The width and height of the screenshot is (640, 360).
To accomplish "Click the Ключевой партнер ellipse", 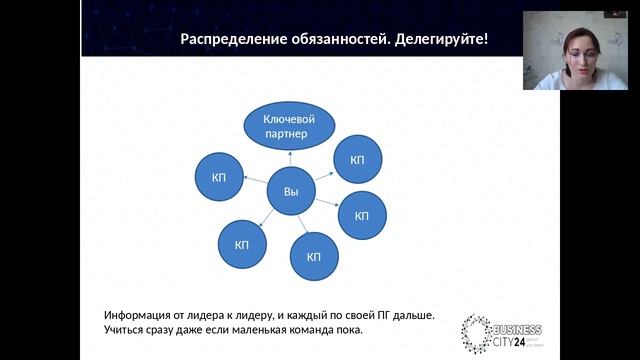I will coord(288,125).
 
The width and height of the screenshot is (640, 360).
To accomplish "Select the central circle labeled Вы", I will coord(291,191).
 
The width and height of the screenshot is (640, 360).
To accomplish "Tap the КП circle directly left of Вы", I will coord(219,177).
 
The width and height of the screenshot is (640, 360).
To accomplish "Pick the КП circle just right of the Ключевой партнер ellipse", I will coord(357,160).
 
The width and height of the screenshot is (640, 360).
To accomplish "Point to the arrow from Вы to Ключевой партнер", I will coord(290,159).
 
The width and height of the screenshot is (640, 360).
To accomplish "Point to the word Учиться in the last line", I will coord(124,330).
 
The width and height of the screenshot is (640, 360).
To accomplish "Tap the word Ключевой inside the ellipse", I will coord(289,119).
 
